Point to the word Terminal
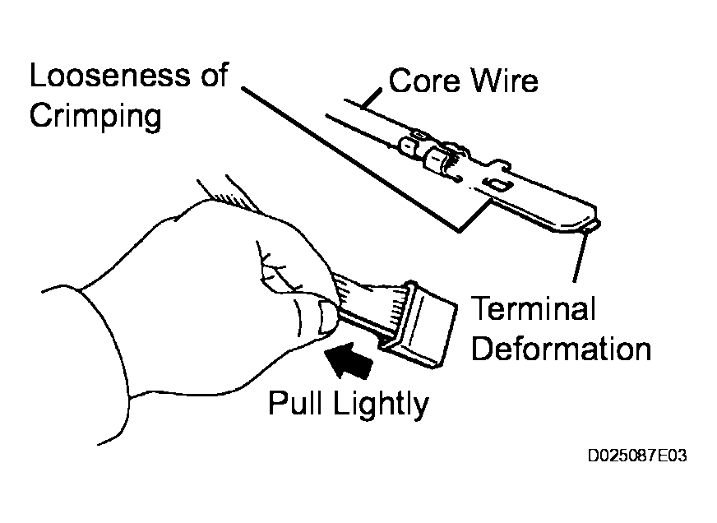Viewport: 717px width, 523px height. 533,311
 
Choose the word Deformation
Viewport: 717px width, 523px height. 562,349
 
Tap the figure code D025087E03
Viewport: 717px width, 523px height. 636,456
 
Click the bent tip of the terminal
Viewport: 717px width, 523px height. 594,220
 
